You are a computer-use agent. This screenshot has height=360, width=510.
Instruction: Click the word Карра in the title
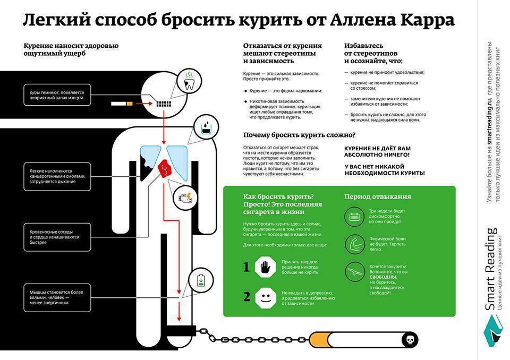click(422, 20)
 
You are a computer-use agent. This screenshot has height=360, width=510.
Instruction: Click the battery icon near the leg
click(201, 280)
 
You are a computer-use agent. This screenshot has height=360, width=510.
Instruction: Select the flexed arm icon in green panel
click(354, 244)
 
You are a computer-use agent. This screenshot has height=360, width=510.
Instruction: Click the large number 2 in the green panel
click(246, 297)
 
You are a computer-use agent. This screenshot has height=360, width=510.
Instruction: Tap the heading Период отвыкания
click(377, 197)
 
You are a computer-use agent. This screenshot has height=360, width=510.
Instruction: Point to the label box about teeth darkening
click(57, 95)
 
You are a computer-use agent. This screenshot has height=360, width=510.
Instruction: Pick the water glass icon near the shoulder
click(206, 127)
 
